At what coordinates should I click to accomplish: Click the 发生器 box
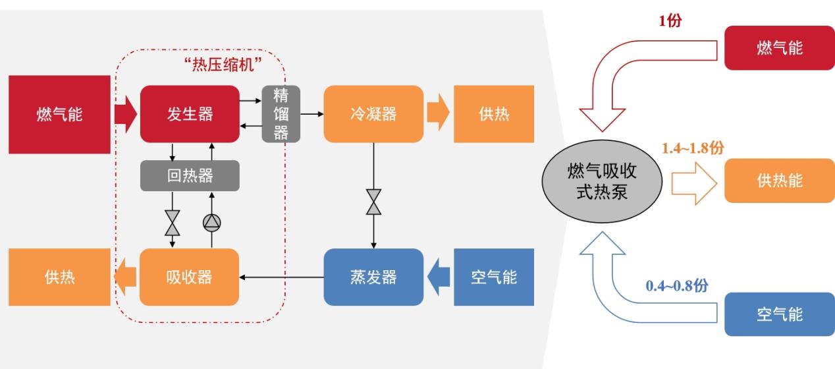pos(190,114)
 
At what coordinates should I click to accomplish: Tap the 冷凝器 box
pos(373,114)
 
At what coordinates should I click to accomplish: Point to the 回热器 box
pos(190,176)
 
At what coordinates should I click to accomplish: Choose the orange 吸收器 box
pos(190,277)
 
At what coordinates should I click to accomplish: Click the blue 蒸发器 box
pos(373,277)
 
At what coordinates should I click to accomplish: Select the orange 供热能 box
pos(779,181)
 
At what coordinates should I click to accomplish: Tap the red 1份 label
pos(670,20)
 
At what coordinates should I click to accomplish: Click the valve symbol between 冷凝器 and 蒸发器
pos(373,202)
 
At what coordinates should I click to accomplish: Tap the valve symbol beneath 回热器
pos(173,223)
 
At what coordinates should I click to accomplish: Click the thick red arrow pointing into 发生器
pos(125,114)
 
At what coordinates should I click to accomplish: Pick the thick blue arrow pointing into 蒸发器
pos(439,277)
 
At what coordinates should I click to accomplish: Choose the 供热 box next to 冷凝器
pos(493,114)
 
